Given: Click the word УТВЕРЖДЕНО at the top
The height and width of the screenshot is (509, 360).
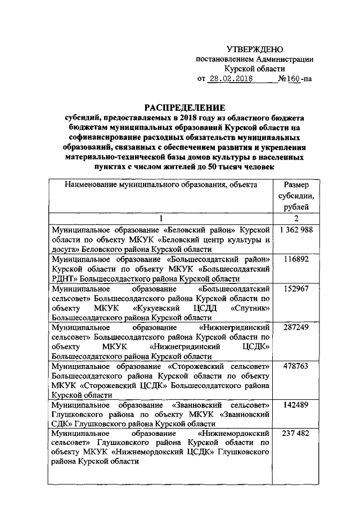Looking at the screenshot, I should pyautogui.click(x=254, y=49).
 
